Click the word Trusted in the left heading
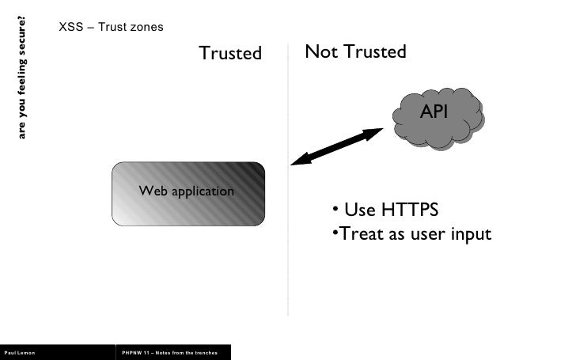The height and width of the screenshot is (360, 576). coord(229,53)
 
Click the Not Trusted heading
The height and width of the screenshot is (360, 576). coord(355,51)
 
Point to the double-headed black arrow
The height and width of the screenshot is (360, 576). coord(337,146)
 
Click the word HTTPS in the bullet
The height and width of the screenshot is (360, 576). coord(410,210)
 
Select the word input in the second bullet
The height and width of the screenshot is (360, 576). coord(469,235)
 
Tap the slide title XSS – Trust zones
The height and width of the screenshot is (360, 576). coord(111,27)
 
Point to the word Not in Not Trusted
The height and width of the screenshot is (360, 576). coord(320,51)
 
